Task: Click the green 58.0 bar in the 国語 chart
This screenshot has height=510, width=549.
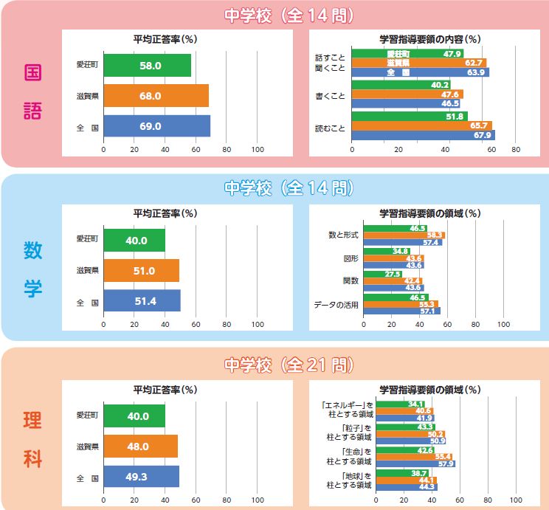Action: (148, 66)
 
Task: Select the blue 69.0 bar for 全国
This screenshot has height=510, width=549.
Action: (156, 126)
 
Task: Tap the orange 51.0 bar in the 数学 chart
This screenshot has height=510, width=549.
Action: (142, 271)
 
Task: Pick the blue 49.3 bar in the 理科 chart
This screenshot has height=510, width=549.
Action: (142, 477)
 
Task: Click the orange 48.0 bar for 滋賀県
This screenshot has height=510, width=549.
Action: (141, 447)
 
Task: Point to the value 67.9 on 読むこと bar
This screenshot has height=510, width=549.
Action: (483, 135)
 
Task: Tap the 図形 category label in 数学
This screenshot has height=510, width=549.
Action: (351, 259)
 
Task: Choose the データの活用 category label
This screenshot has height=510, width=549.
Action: (336, 304)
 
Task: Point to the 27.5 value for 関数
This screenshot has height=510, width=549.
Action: (393, 275)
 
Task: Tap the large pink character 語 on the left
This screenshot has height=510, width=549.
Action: (32, 109)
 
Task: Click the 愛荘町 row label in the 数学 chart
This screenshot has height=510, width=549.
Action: (86, 239)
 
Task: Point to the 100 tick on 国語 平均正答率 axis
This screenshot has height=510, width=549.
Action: (258, 149)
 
